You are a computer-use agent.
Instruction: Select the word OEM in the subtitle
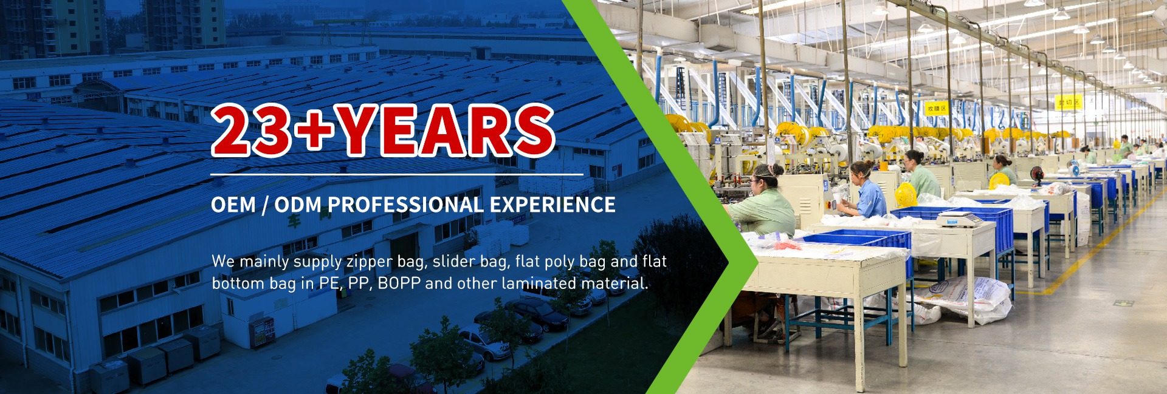click(233, 205)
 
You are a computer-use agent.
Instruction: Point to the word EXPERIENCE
click(553, 205)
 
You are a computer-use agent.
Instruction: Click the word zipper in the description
click(369, 262)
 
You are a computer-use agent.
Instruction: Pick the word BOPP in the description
click(399, 284)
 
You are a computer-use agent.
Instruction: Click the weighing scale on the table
click(959, 219)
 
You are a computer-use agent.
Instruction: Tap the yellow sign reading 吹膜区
click(936, 108)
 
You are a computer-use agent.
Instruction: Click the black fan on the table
click(1036, 175)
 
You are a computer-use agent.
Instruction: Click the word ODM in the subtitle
click(297, 205)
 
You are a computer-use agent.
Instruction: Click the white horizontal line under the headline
click(397, 174)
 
